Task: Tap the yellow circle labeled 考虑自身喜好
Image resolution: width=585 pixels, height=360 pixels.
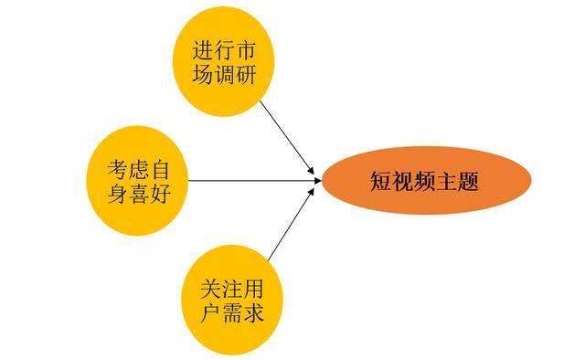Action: (138, 181)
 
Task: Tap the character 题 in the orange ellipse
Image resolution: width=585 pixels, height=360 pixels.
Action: (468, 182)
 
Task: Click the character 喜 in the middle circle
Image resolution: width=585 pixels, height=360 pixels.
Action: (140, 194)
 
